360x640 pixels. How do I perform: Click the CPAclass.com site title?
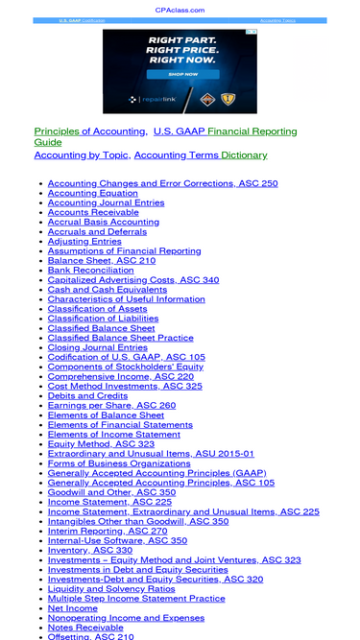click(x=180, y=10)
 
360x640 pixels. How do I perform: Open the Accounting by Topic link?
click(x=82, y=154)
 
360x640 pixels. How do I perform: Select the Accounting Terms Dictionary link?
click(x=201, y=154)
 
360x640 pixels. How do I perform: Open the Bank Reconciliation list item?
click(x=92, y=270)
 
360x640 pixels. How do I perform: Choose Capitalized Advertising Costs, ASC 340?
click(x=133, y=279)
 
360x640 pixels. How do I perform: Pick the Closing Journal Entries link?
click(x=98, y=347)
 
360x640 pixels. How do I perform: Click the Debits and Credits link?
click(x=87, y=395)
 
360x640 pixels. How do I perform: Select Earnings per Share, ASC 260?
click(x=111, y=405)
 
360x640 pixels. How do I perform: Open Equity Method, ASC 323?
click(x=101, y=444)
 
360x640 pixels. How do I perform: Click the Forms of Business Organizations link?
click(x=119, y=463)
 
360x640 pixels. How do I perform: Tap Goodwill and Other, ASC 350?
click(x=111, y=492)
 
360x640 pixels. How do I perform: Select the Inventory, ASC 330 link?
click(x=90, y=550)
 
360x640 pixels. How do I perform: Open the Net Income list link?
click(x=73, y=608)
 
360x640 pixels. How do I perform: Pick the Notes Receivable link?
click(x=85, y=628)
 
